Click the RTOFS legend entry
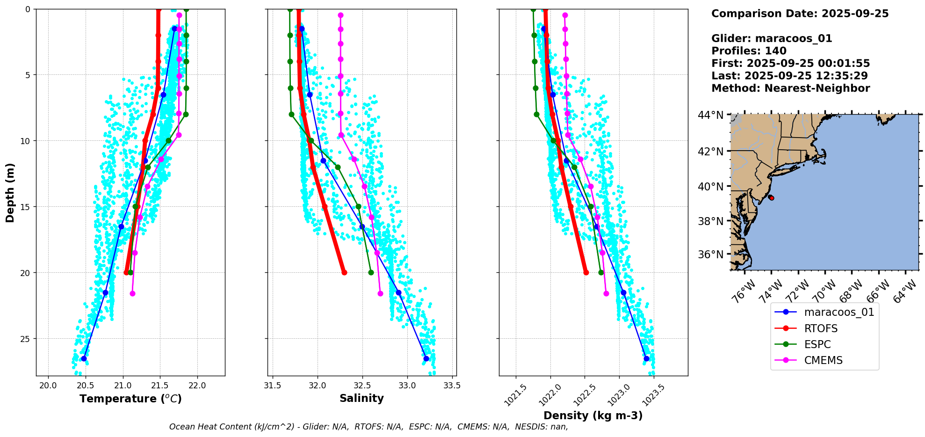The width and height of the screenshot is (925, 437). point(821,328)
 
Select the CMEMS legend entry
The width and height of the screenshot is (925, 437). point(823,360)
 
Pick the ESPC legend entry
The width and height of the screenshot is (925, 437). point(817,344)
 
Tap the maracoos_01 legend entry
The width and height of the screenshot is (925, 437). point(839,312)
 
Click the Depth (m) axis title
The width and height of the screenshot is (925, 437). point(10,192)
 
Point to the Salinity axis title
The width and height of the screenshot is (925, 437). point(361,398)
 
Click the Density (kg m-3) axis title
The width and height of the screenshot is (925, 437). point(593,415)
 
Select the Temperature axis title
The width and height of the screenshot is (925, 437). point(130,399)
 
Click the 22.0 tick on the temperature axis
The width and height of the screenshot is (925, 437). point(197,386)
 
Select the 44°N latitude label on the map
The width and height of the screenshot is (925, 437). point(710,115)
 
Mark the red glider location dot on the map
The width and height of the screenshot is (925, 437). point(771,198)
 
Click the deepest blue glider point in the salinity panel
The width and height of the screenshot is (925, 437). point(426,358)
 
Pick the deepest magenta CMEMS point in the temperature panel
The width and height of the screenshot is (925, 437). point(132,293)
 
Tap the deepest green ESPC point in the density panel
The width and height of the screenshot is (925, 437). point(601,272)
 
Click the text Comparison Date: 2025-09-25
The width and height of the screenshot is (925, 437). point(800,14)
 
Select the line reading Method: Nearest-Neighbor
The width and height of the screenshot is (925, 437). point(790,88)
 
